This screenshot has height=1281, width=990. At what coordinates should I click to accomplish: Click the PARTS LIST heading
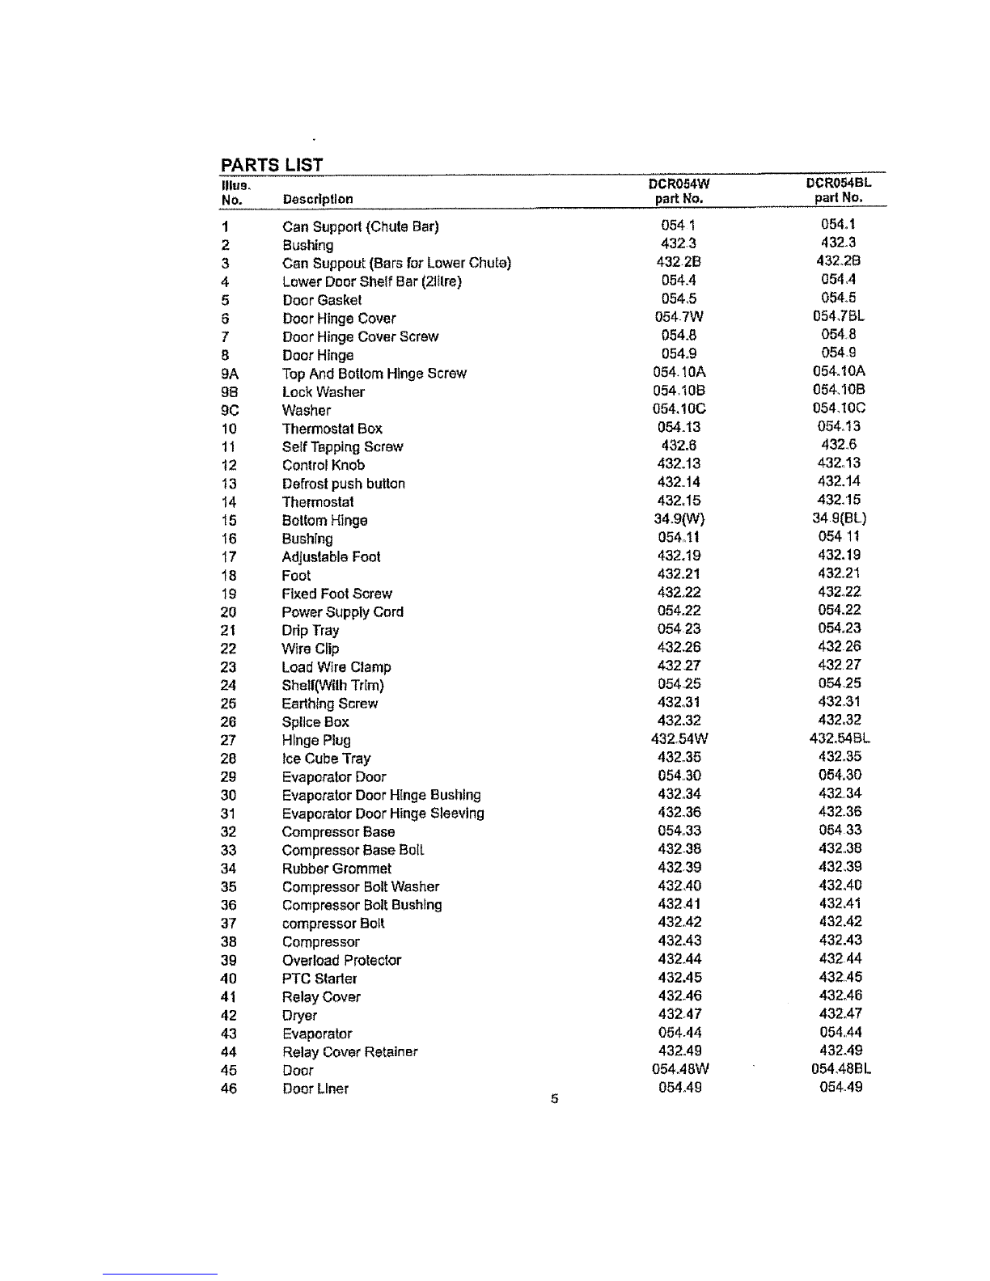pyautogui.click(x=272, y=165)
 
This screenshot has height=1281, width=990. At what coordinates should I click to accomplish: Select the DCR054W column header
pyautogui.click(x=679, y=183)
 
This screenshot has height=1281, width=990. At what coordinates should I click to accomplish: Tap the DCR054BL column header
pyautogui.click(x=838, y=182)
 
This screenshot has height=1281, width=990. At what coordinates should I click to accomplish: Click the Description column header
pyautogui.click(x=318, y=199)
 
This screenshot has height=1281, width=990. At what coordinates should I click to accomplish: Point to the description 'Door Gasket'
pyautogui.click(x=322, y=300)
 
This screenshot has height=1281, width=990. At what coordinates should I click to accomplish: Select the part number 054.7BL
pyautogui.click(x=839, y=316)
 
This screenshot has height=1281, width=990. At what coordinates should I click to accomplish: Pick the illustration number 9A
pyautogui.click(x=230, y=374)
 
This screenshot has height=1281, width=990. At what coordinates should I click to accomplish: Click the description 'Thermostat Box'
pyautogui.click(x=332, y=429)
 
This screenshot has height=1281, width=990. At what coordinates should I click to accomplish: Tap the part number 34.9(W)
pyautogui.click(x=679, y=519)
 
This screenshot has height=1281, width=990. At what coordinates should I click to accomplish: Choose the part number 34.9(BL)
pyautogui.click(x=839, y=518)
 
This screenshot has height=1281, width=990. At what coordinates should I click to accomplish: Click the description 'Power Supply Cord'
pyautogui.click(x=343, y=612)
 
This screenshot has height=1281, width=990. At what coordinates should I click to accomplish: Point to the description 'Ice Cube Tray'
pyautogui.click(x=326, y=759)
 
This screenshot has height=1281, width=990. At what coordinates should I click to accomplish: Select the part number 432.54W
pyautogui.click(x=679, y=739)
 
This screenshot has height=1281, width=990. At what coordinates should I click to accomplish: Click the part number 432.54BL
pyautogui.click(x=840, y=738)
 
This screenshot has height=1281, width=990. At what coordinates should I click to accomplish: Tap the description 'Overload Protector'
pyautogui.click(x=341, y=961)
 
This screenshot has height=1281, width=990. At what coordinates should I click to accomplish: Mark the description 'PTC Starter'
pyautogui.click(x=319, y=979)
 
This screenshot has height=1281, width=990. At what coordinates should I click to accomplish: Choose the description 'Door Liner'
pyautogui.click(x=315, y=1089)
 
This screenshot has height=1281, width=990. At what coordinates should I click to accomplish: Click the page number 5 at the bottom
pyautogui.click(x=554, y=1099)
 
